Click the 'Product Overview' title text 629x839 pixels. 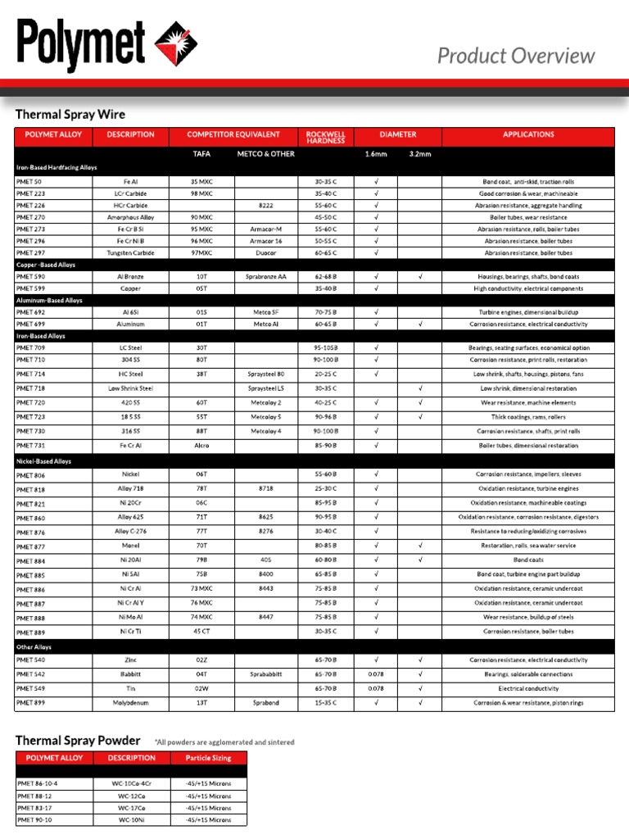point(516,56)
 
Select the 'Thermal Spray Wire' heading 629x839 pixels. point(70,114)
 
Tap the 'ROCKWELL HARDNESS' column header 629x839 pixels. point(325,137)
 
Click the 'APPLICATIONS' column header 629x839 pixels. point(528,134)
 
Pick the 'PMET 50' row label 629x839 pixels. point(29,181)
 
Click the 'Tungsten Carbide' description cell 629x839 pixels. point(130,253)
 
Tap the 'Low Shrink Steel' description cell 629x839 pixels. point(130,388)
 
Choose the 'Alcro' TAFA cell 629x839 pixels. point(201,446)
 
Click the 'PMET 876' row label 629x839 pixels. point(31,533)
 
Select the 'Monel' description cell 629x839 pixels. point(130,546)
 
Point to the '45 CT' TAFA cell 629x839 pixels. point(201,632)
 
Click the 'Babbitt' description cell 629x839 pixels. point(130,674)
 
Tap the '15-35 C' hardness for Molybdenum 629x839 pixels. point(325,703)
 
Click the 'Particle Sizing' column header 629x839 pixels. point(208,758)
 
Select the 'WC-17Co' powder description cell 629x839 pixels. point(130,808)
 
